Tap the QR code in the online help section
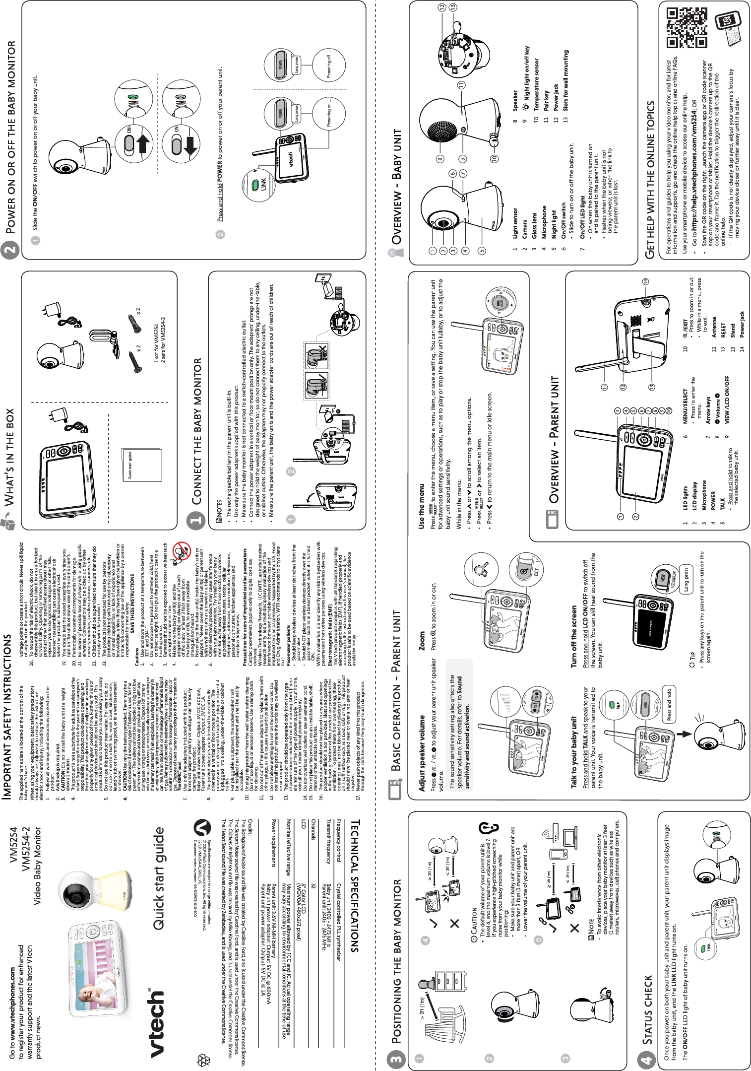pyautogui.click(x=687, y=28)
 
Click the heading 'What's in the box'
pyautogui.click(x=10, y=457)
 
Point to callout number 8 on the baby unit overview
pyautogui.click(x=439, y=160)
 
